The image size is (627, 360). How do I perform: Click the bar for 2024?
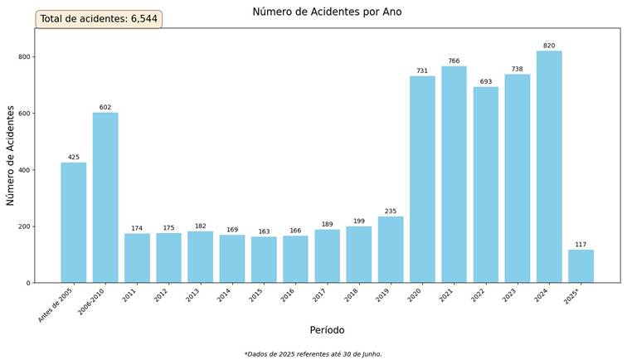pos(549,166)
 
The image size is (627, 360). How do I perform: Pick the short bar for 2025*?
pos(581,266)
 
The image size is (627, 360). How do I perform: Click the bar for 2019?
pos(391,249)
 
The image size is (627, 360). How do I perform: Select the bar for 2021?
pos(454,174)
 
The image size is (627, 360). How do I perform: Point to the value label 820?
pos(549,46)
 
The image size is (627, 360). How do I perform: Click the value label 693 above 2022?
pos(485,81)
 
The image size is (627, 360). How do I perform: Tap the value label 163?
pos(264,231)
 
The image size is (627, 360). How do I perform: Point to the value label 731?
pos(422,71)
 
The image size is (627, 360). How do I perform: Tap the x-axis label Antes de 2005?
pos(56,304)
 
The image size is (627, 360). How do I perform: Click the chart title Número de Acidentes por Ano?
pos(327,12)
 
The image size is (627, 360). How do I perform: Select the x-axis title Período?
pos(327,330)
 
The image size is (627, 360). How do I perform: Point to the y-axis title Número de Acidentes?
pos(11,155)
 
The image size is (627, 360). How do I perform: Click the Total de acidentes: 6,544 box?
pos(99,19)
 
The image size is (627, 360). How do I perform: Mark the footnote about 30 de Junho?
pos(313,354)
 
